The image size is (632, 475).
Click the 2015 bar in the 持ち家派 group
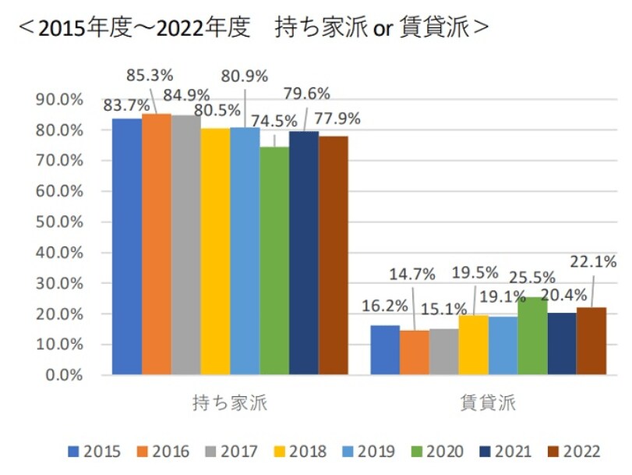click(x=127, y=246)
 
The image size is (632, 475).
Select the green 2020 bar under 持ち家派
click(x=274, y=261)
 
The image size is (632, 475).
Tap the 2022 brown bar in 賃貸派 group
click(x=591, y=341)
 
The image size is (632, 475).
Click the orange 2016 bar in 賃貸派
click(x=415, y=353)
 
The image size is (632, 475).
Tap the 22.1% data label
click(x=592, y=261)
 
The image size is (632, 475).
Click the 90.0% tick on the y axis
click(x=59, y=99)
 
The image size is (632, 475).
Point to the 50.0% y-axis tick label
click(x=59, y=222)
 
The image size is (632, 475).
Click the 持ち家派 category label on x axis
click(x=230, y=404)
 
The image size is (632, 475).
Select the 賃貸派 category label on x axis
click(x=488, y=404)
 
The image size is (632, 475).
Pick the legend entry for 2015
click(x=94, y=451)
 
